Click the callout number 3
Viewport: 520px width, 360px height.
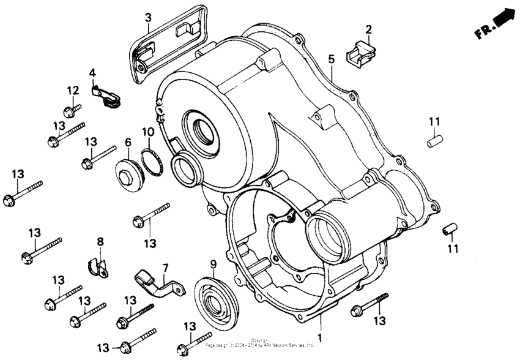[147, 17]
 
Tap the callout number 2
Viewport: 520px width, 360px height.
[369, 29]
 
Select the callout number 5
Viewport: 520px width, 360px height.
[331, 59]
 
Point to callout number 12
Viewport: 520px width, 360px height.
[73, 91]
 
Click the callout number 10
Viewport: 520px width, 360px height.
[147, 132]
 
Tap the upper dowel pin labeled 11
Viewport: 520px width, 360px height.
[434, 141]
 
